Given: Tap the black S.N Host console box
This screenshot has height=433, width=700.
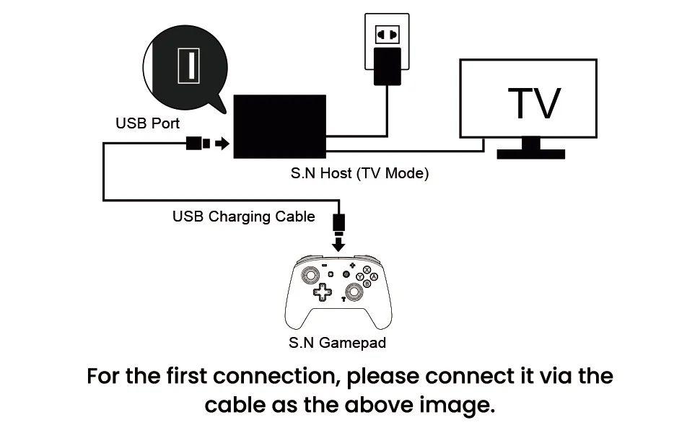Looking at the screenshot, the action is click(281, 127).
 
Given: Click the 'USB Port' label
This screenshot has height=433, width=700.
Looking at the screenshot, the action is click(148, 123).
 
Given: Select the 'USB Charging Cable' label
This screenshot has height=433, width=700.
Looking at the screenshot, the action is click(244, 216).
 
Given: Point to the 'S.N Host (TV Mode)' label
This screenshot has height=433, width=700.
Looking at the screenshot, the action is click(359, 173).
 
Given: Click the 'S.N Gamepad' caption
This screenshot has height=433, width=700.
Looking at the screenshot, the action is click(337, 342).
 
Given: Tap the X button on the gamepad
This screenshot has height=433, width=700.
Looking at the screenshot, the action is click(367, 270).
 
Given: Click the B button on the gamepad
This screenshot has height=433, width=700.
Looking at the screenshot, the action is click(367, 284).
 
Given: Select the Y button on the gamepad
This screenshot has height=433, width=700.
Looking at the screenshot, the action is click(359, 276).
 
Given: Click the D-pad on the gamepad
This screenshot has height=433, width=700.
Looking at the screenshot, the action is click(322, 292).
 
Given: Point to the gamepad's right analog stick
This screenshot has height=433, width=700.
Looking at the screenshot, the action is click(354, 291).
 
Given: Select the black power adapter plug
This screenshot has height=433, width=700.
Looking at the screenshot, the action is click(387, 67).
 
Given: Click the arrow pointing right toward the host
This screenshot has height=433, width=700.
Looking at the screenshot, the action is click(222, 144).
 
